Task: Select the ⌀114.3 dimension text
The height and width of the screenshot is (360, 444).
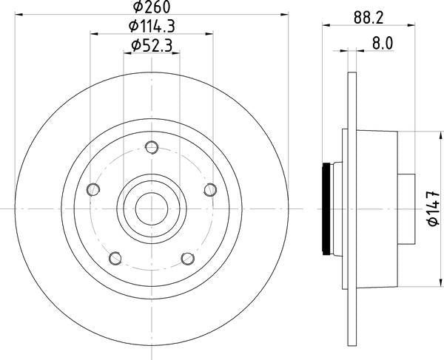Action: [x=152, y=27]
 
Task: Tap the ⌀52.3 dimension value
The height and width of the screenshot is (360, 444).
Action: [x=152, y=46]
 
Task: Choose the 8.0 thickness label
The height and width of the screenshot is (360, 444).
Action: [x=381, y=44]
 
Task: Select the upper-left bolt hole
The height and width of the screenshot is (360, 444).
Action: [x=92, y=190]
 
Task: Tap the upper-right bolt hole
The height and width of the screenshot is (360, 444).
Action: [x=209, y=190]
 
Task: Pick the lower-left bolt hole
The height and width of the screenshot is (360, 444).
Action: [x=115, y=258]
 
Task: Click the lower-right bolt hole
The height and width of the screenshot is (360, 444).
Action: [x=187, y=258]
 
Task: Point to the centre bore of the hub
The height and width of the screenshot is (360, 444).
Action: [x=152, y=208]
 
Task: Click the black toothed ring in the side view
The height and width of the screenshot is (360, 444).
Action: [x=326, y=208]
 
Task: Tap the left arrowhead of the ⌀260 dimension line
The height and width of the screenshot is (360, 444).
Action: [x=20, y=16]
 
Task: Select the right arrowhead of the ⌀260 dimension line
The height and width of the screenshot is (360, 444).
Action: [x=284, y=16]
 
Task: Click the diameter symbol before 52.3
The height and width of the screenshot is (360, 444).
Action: [x=136, y=46]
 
